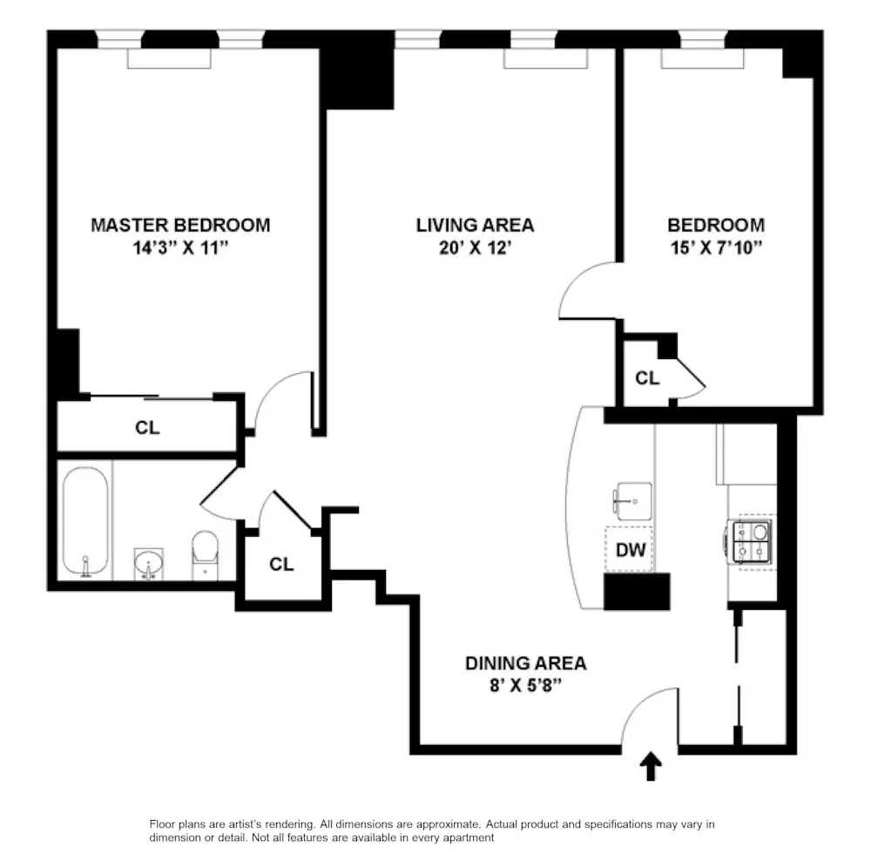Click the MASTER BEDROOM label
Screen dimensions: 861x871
tap(180, 225)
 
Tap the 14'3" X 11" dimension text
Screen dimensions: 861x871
tap(180, 248)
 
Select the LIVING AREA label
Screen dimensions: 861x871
tap(475, 225)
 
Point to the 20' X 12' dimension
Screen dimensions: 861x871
tap(475, 248)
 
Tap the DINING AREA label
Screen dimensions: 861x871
tap(525, 663)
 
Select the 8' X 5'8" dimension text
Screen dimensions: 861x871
tap(525, 686)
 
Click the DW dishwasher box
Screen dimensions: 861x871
tap(630, 549)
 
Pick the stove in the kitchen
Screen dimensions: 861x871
tap(752, 540)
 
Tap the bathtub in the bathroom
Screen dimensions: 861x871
tap(84, 521)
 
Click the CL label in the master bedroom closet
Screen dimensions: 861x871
tap(147, 428)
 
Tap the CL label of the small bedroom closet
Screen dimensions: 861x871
tap(647, 378)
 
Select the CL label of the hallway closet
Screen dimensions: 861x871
tap(281, 564)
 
